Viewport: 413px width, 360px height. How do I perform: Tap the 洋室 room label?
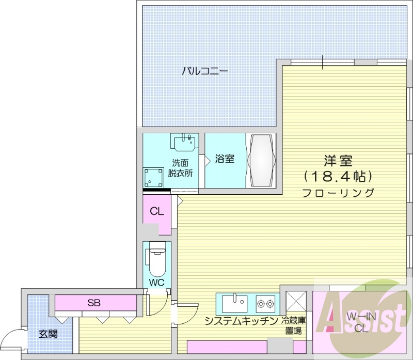pyautogui.click(x=338, y=160)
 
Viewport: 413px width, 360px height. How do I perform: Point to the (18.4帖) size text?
pyautogui.click(x=338, y=176)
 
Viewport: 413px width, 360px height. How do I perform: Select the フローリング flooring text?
pyautogui.click(x=338, y=193)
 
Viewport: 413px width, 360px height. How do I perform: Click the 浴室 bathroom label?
pyautogui.click(x=225, y=159)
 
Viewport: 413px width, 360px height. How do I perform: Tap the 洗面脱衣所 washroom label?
pyautogui.click(x=180, y=167)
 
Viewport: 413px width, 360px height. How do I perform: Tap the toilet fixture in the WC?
pyautogui.click(x=155, y=260)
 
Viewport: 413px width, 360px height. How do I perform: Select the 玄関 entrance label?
pyautogui.click(x=48, y=333)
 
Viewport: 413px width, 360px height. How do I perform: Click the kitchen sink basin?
pyautogui.click(x=235, y=301)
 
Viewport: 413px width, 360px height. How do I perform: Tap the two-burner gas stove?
pyautogui.click(x=265, y=302)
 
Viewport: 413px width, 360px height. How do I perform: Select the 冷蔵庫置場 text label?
pyautogui.click(x=293, y=325)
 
